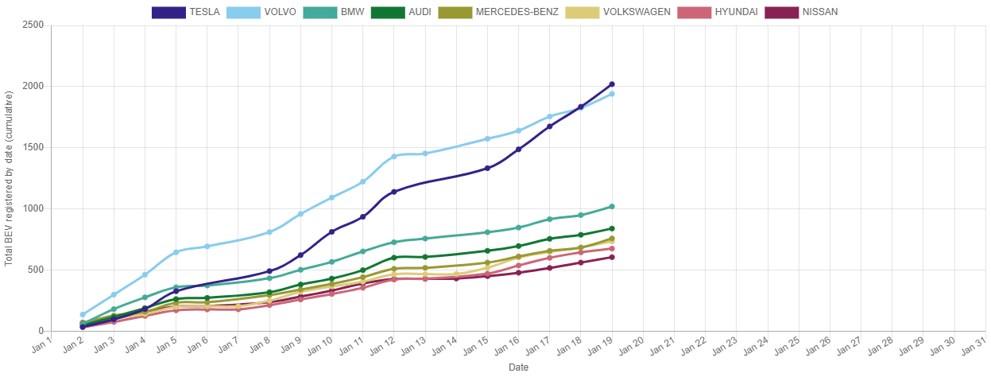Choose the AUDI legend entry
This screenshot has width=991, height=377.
pyautogui.click(x=401, y=12)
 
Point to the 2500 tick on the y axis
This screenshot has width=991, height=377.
pyautogui.click(x=32, y=25)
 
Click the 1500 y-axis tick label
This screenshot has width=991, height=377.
pyautogui.click(x=32, y=147)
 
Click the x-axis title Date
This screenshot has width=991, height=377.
pyautogui.click(x=518, y=367)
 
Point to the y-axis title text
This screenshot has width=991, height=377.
pyautogui.click(x=10, y=178)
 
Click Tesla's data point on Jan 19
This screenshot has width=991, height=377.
pyautogui.click(x=611, y=84)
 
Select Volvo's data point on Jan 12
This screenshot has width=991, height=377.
pyautogui.click(x=393, y=157)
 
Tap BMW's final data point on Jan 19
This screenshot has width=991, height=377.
pyautogui.click(x=611, y=207)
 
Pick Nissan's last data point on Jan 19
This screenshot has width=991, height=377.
pyautogui.click(x=611, y=257)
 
